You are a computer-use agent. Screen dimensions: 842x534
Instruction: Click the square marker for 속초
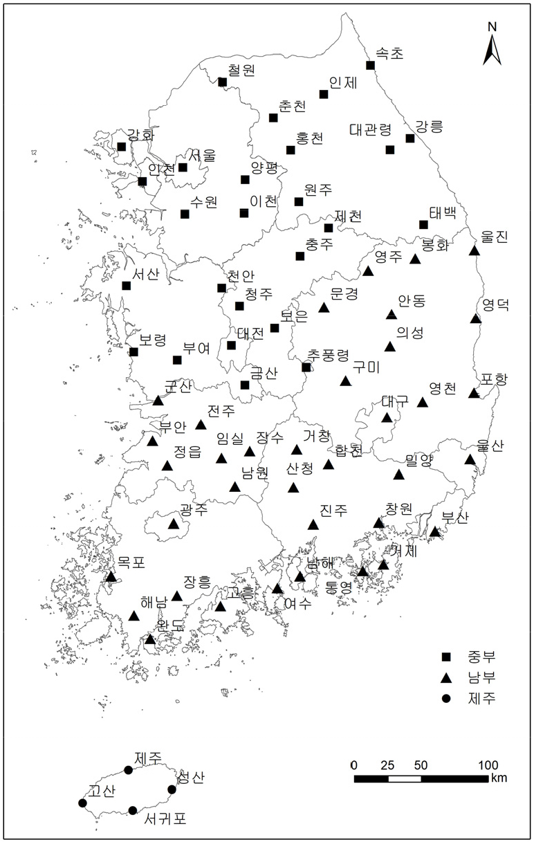tap(370, 65)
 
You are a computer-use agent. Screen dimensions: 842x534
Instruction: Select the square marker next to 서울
tap(183, 167)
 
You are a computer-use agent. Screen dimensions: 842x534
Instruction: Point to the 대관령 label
tap(371, 129)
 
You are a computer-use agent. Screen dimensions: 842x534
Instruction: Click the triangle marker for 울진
tap(475, 250)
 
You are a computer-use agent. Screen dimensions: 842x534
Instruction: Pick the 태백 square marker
tap(423, 224)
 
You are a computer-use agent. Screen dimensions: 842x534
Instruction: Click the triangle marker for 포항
tap(474, 393)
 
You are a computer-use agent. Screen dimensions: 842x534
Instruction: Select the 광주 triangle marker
tap(174, 524)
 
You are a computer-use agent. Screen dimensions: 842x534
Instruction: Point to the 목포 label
tap(131, 562)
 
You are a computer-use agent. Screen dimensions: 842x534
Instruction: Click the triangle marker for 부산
tap(434, 531)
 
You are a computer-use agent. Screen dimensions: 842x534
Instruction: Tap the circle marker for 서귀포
tap(133, 810)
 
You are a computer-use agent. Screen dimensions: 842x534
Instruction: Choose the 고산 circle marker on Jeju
tap(83, 803)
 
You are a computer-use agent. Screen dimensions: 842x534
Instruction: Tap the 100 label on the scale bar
tap(488, 765)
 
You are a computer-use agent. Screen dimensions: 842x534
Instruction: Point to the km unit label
tap(499, 778)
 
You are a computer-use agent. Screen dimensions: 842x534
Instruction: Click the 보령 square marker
tap(133, 351)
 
